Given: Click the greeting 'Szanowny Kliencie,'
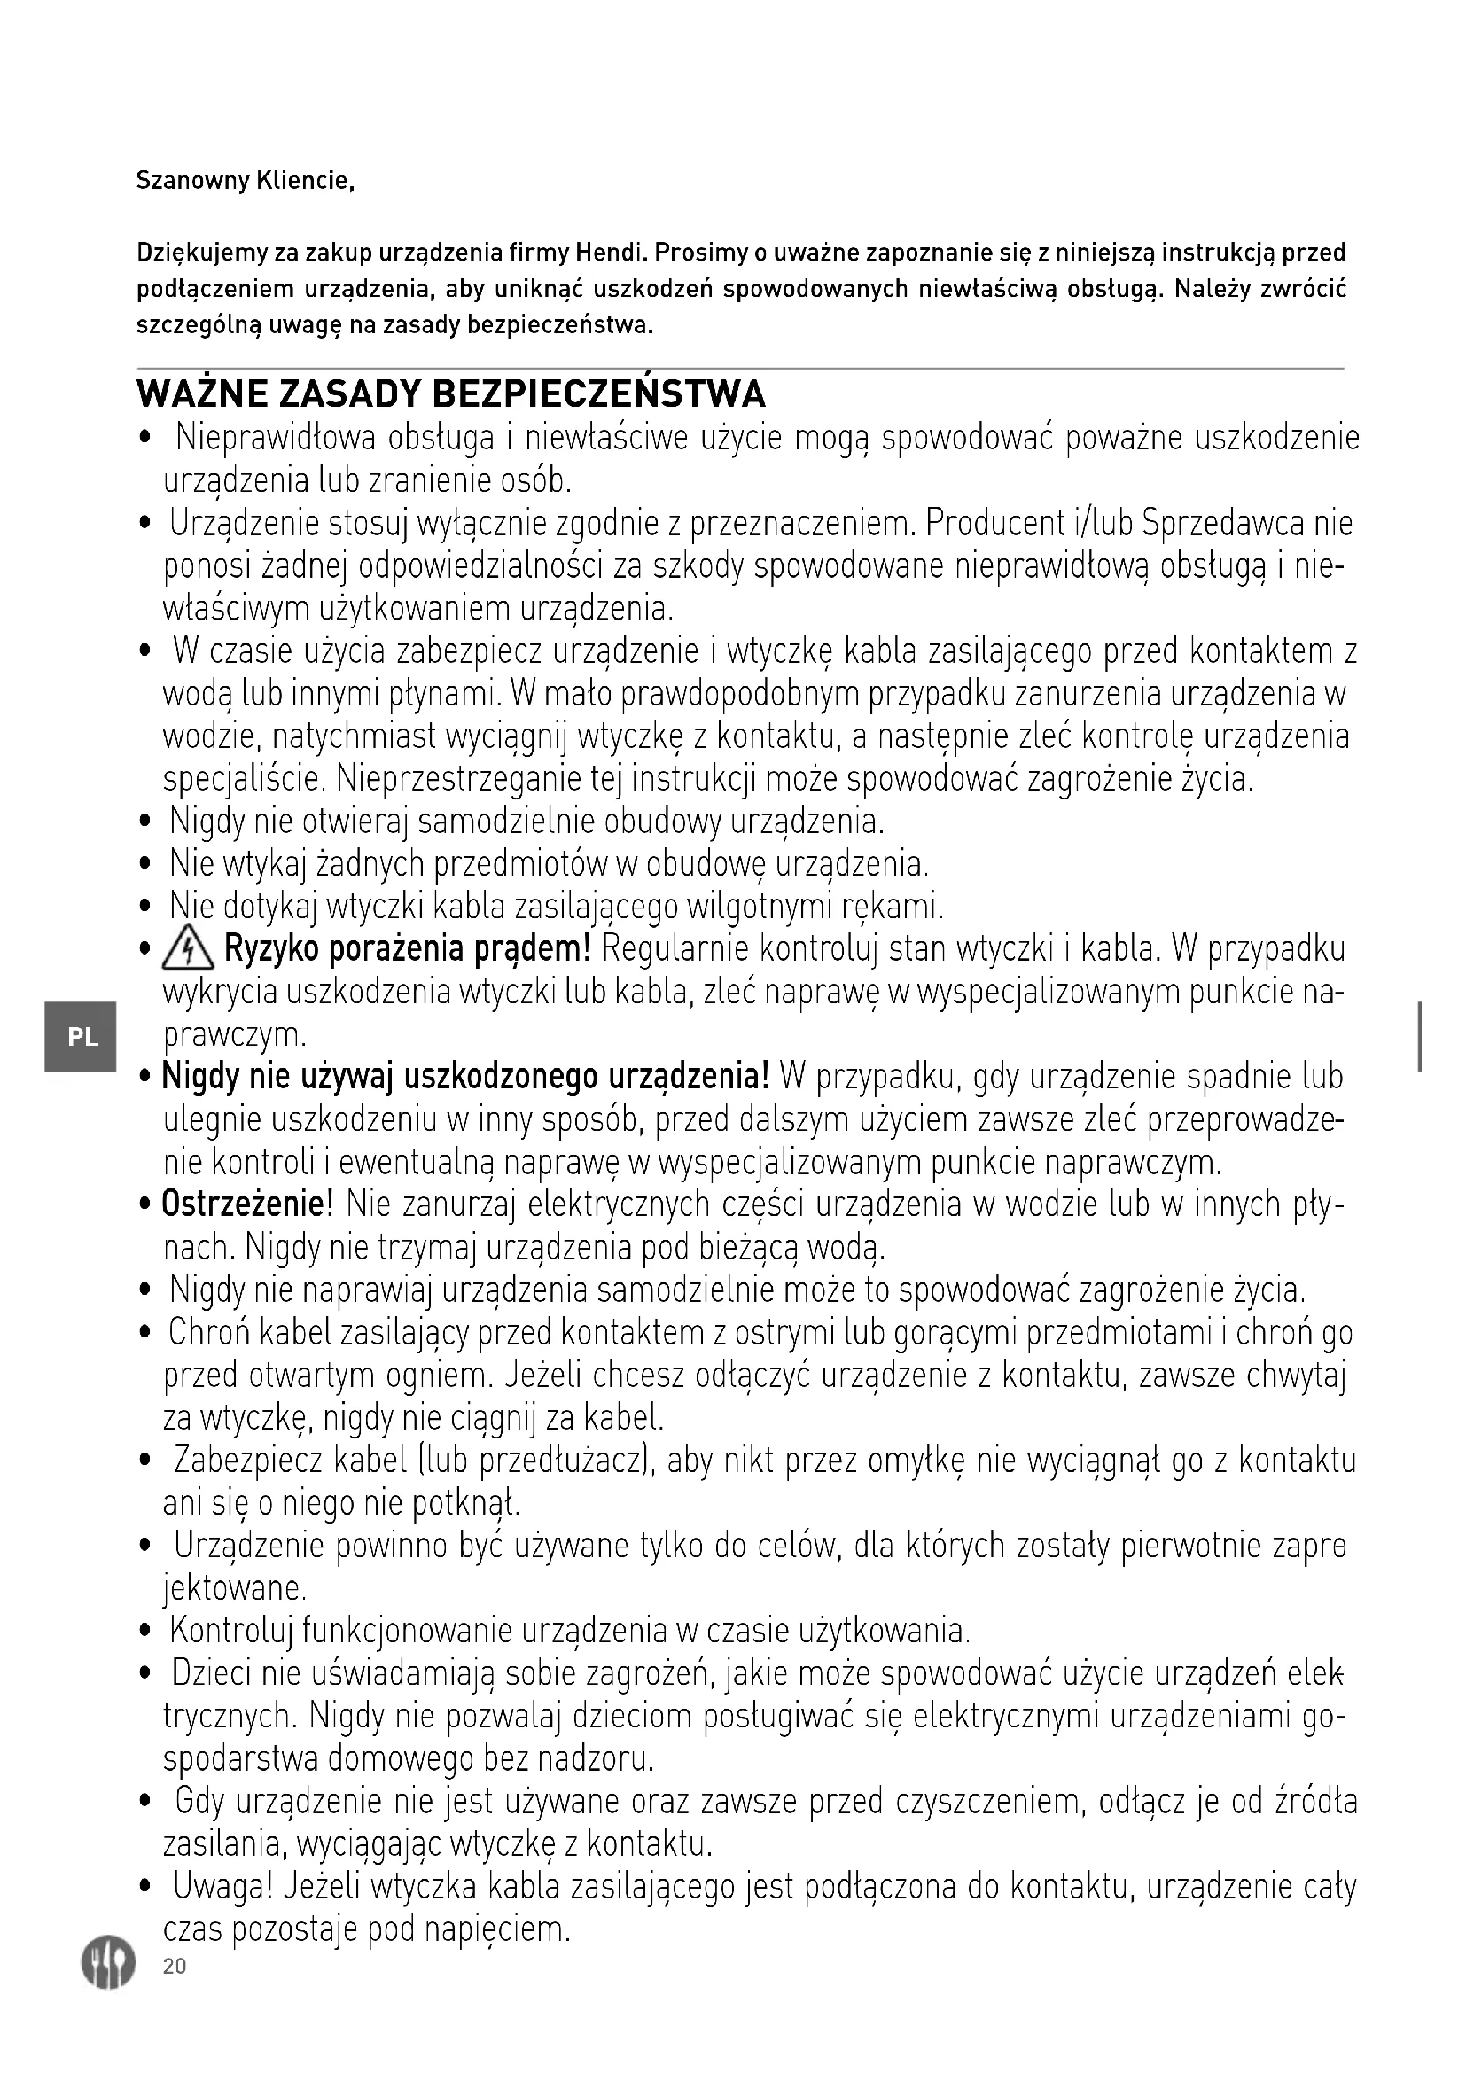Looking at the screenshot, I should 245,182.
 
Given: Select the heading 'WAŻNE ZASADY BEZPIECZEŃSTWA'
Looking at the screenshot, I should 450,394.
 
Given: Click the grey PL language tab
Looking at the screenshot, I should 82,1037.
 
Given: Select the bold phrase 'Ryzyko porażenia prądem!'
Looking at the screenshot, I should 407,950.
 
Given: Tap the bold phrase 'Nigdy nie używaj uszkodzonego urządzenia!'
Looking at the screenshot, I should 465,1077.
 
